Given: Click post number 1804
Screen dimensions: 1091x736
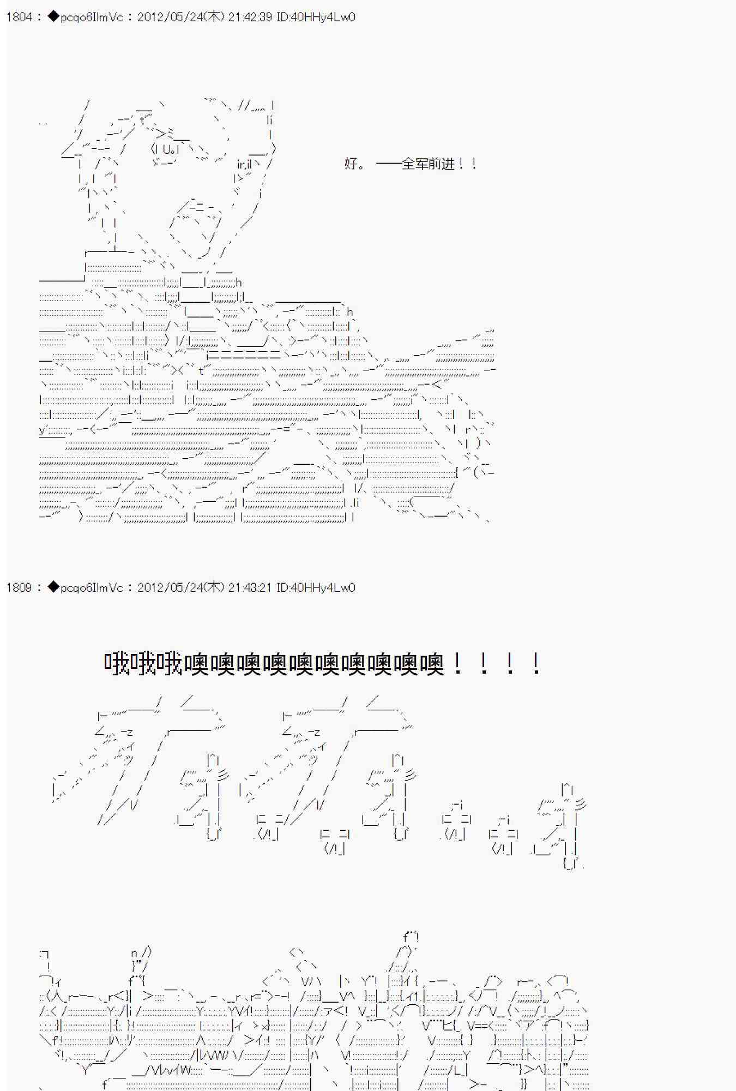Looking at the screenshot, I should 19,17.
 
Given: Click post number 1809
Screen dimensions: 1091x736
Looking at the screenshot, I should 19,588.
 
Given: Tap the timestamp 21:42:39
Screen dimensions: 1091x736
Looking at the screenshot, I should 250,17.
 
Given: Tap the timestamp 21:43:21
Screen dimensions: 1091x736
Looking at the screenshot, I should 250,588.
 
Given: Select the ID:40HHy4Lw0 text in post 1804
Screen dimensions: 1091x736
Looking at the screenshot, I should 316,17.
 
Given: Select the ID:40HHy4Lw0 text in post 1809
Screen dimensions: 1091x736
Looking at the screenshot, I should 316,588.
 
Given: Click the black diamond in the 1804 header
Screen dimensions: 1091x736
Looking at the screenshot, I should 53,17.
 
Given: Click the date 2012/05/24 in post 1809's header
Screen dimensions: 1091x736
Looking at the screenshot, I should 170,588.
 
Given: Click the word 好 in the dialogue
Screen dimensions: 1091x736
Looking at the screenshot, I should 351,164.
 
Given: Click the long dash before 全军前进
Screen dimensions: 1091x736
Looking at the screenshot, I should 388,164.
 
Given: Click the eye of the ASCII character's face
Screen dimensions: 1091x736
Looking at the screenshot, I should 167,149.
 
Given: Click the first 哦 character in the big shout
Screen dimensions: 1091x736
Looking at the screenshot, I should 117,664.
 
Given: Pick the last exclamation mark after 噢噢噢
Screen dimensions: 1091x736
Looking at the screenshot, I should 536,664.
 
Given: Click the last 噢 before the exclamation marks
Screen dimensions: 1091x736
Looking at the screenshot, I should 431,664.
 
